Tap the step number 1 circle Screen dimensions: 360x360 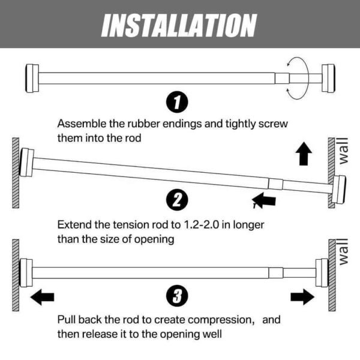(176, 103)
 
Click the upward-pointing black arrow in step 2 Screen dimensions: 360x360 (305, 155)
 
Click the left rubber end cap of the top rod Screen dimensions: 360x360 (31, 78)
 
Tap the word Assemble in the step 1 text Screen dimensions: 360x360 (80, 124)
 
